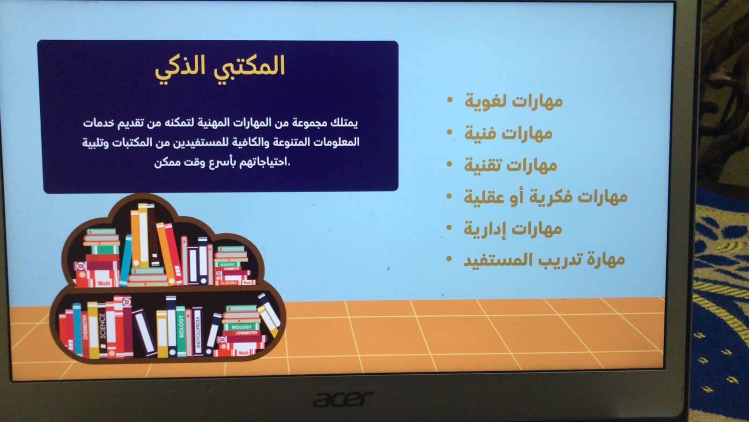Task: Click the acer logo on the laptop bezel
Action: pos(343,399)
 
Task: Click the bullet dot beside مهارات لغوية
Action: pos(450,100)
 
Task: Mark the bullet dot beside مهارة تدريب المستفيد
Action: pos(449,259)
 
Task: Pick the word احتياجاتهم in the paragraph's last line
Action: pos(262,163)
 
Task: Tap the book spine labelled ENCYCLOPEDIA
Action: pos(197,332)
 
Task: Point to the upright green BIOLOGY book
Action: pos(181,331)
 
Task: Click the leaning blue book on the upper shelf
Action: pos(126,261)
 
